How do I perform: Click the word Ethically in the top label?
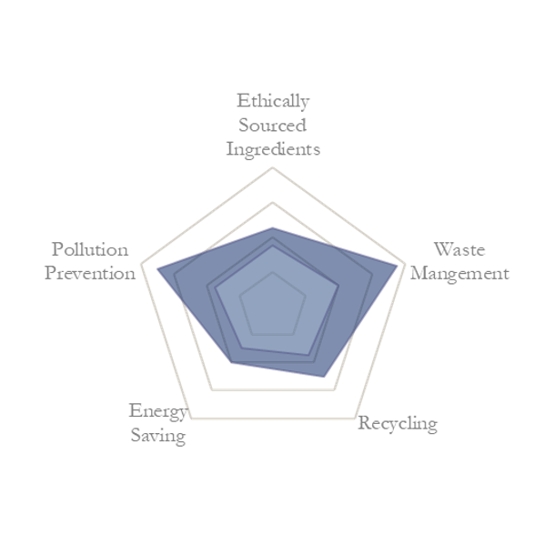click(273, 102)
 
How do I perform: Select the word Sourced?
click(273, 126)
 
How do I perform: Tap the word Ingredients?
click(273, 150)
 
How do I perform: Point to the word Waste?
click(459, 249)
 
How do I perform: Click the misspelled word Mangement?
click(459, 274)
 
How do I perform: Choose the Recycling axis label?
click(398, 424)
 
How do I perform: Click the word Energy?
click(158, 412)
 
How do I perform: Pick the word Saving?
click(158, 436)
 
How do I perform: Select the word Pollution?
click(90, 249)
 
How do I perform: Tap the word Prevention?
click(90, 273)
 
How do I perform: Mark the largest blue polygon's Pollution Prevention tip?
click(157, 268)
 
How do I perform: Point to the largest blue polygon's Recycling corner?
click(324, 377)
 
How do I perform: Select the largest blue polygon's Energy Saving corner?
click(231, 362)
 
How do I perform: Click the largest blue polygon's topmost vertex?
click(273, 227)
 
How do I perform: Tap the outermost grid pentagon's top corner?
click(273, 168)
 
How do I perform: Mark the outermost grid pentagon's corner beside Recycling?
click(355, 419)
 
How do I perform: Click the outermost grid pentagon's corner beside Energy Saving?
click(191, 419)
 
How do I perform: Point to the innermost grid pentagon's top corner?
click(273, 273)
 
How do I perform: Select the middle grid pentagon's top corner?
click(273, 202)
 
